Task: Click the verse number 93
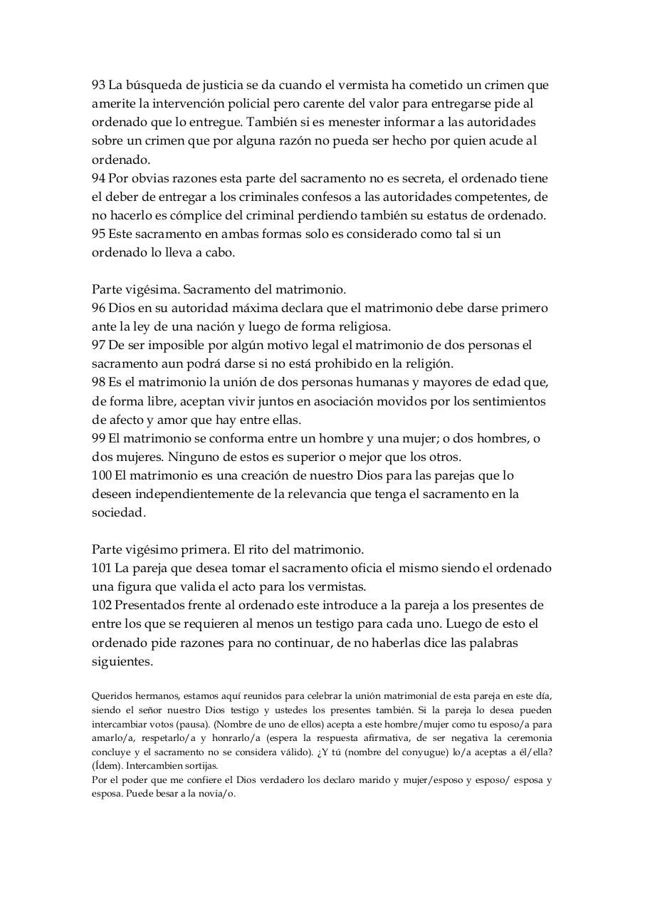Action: coord(98,85)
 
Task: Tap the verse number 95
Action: coord(98,234)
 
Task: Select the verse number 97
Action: coord(98,346)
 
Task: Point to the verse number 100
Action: coord(101,475)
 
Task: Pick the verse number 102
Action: coord(101,605)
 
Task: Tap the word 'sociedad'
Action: coord(118,512)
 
